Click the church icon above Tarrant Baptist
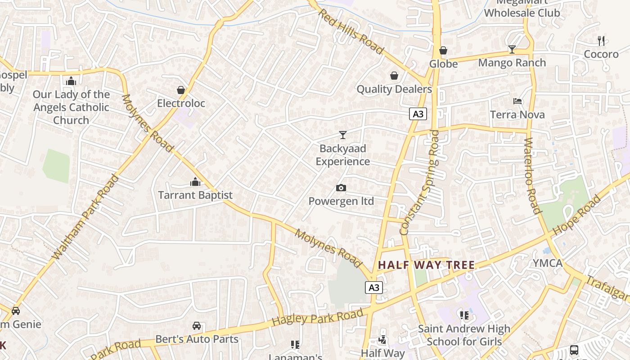click(195, 182)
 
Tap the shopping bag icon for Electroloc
click(181, 90)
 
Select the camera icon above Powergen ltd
click(341, 188)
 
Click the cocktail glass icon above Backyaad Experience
click(343, 135)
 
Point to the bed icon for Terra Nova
click(517, 101)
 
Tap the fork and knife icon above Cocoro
click(601, 40)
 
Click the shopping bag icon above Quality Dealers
click(394, 76)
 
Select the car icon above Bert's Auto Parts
click(197, 325)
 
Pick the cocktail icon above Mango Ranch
click(512, 49)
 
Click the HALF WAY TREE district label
click(427, 265)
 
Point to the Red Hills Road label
click(351, 31)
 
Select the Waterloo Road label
click(532, 175)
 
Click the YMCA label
click(548, 263)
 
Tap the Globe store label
click(443, 64)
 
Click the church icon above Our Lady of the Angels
click(71, 81)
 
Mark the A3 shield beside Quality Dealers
click(418, 114)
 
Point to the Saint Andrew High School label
click(464, 335)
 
